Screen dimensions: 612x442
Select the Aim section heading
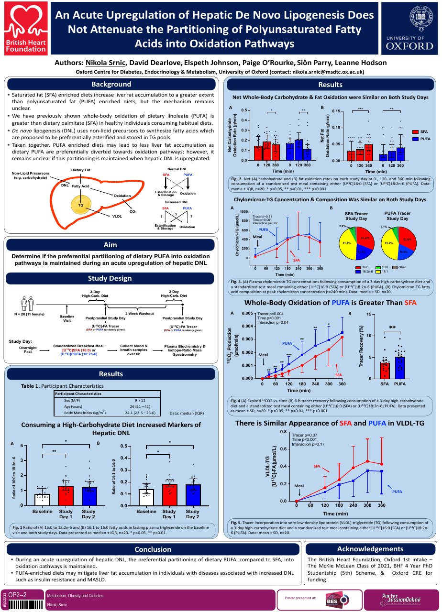pos(110,245)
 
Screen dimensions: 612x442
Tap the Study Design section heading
pos(110,278)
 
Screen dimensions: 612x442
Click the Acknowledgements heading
pos(370,549)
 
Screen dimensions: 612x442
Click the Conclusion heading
pos(153,549)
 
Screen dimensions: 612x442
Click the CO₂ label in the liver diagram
pos(133,211)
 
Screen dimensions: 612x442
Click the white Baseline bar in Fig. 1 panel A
pos(42,499)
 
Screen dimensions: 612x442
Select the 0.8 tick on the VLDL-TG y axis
pos(282,432)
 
